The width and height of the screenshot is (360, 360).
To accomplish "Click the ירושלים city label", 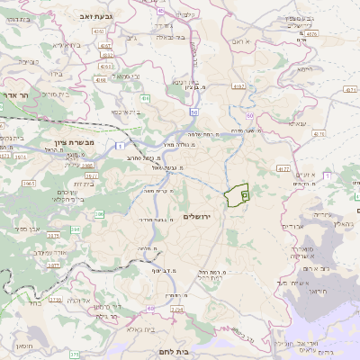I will [x=201, y=217].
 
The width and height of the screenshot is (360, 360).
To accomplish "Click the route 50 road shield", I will [x=193, y=112].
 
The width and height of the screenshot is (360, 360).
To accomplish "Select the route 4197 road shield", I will [x=238, y=86].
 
